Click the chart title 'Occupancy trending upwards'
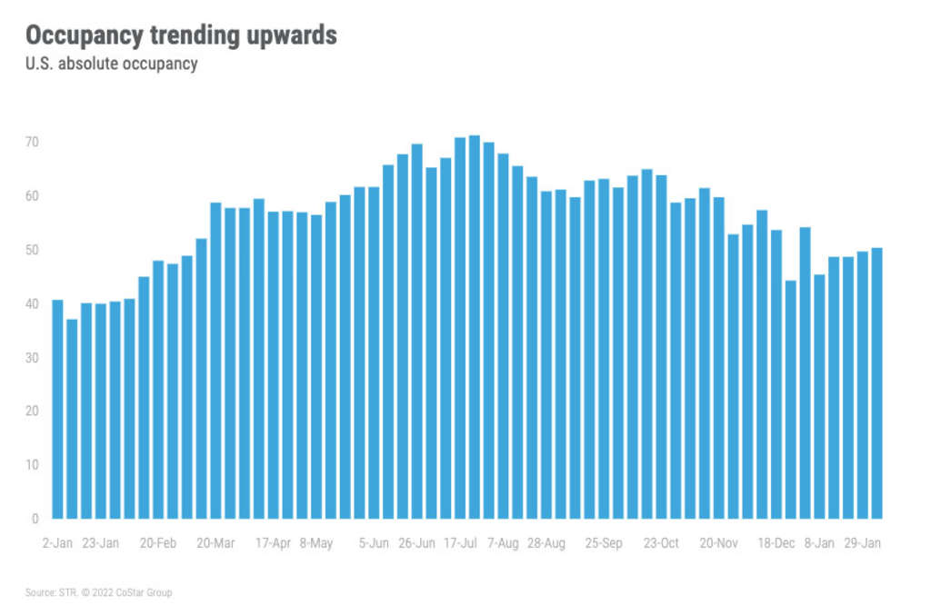pos(181,35)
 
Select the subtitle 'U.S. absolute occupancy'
pos(112,64)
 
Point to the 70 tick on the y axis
pos(32,143)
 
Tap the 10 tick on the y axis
pos(32,465)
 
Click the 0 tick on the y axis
pos(35,519)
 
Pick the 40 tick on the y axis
pos(32,303)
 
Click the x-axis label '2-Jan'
pos(57,543)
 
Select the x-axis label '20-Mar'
pos(215,543)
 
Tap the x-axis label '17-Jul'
pos(460,543)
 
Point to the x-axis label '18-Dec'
pos(777,543)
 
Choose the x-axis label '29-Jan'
pos(862,543)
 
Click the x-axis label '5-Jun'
pos(374,543)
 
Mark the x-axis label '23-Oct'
pos(661,543)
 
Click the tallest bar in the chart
pos(475,327)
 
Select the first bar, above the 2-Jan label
pos(57,409)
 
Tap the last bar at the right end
pos(877,382)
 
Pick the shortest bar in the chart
pos(72,419)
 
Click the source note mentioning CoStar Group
pos(98,592)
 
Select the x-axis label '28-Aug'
pos(546,543)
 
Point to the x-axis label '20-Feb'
pos(158,543)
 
